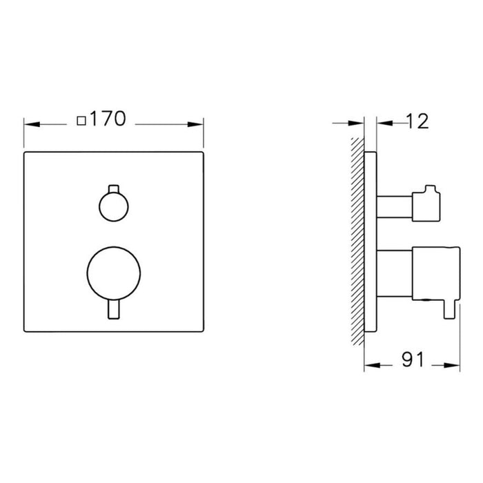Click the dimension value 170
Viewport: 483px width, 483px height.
coord(108,119)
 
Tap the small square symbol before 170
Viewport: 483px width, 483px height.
coord(82,121)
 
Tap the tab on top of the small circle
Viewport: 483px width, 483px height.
coord(114,189)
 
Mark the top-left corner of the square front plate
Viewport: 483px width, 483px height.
coord(24,150)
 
